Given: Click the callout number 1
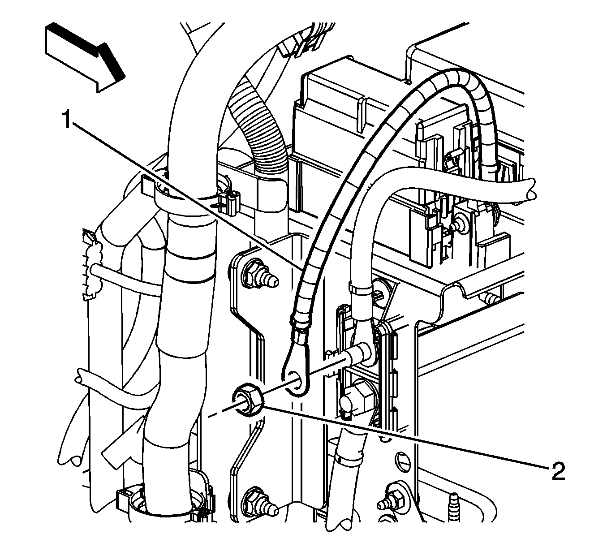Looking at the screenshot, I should pyautogui.click(x=67, y=120).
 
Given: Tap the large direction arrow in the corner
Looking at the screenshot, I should pyautogui.click(x=83, y=57).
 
